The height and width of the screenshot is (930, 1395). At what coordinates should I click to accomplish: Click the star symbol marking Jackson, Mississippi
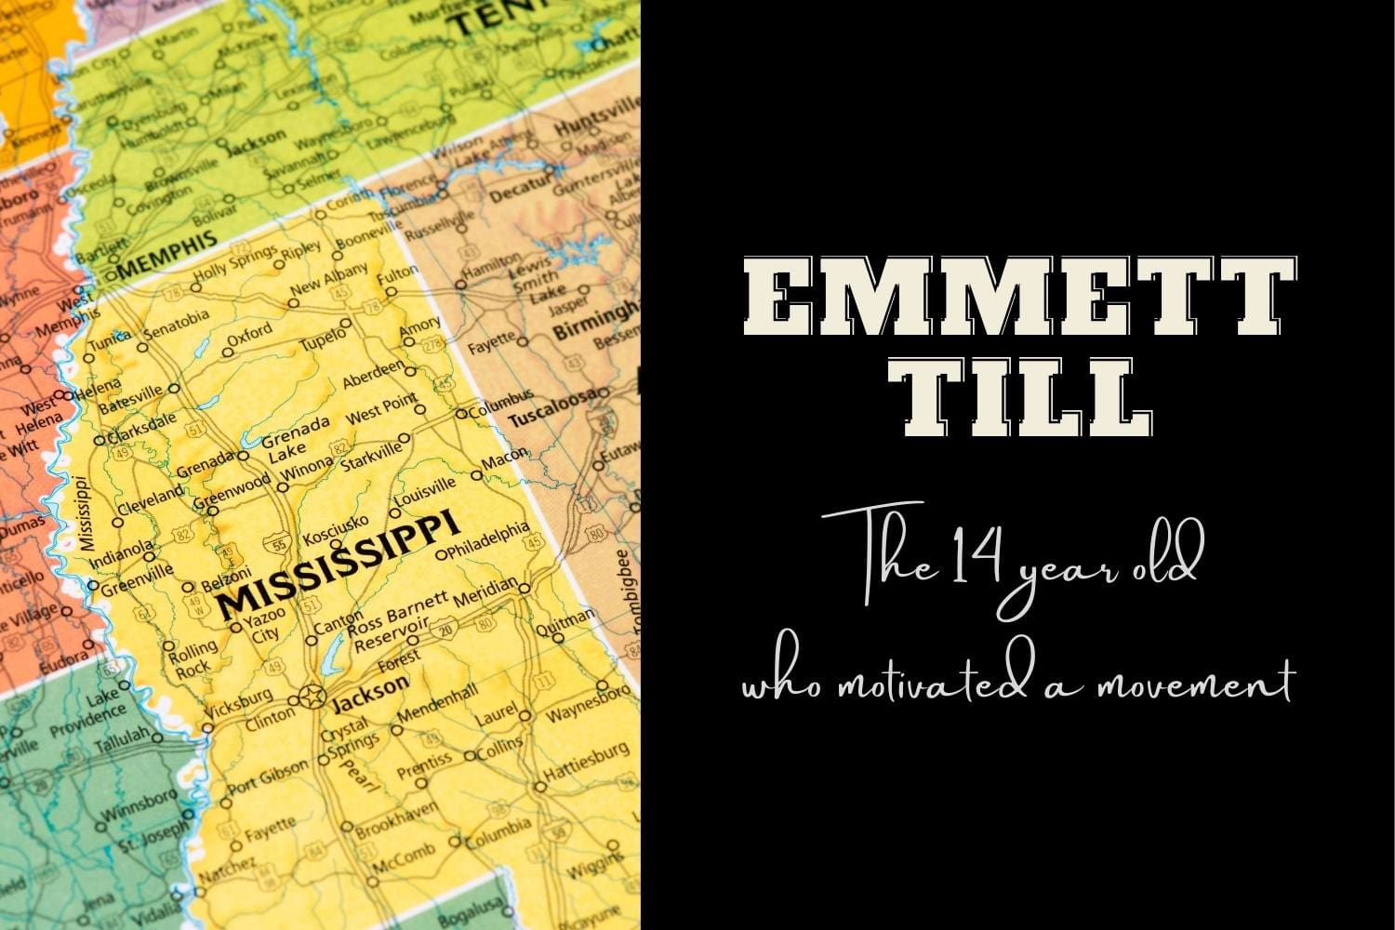click(312, 696)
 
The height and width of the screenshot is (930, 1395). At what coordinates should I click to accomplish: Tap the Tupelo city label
click(322, 337)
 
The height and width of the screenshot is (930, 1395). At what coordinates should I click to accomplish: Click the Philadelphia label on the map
click(487, 540)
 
